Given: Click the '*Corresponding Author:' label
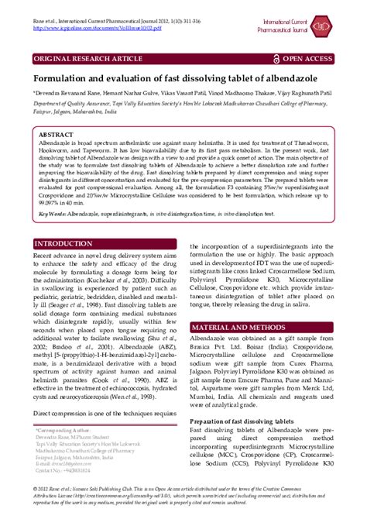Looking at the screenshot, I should (x=64, y=429).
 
